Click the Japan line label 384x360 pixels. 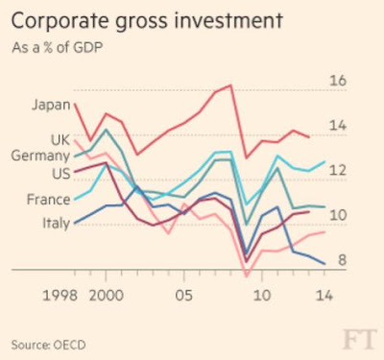tap(51, 105)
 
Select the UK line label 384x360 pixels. tap(60, 140)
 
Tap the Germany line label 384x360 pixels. tap(40, 156)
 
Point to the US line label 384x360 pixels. tap(61, 174)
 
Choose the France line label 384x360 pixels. tap(49, 200)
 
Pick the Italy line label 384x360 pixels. tap(57, 223)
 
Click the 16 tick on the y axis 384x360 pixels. tap(338, 81)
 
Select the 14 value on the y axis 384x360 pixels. tap(338, 125)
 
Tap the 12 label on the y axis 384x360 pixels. tap(338, 170)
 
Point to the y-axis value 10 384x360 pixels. tap(338, 215)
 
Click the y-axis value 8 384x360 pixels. tap(343, 260)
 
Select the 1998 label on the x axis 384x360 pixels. tap(60, 296)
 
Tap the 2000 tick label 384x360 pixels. tap(107, 296)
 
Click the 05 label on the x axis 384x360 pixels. tap(184, 296)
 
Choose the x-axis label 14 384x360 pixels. tap(324, 296)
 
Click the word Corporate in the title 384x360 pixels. tap(59, 22)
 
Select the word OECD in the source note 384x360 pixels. tap(69, 345)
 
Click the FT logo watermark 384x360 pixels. tap(360, 340)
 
